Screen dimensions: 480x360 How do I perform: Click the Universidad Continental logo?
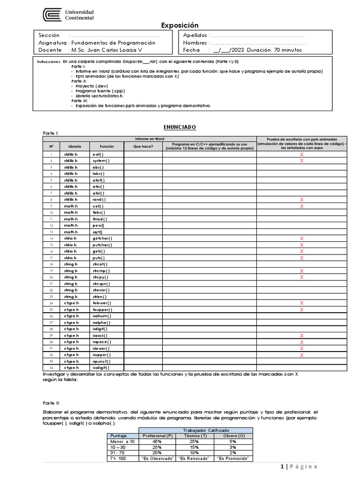pos(68,15)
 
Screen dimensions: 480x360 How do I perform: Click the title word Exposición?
pos(180,25)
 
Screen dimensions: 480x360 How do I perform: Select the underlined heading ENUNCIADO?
pos(180,127)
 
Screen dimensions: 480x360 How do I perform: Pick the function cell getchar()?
pos(102,239)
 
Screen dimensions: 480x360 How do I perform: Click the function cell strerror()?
pos(100,290)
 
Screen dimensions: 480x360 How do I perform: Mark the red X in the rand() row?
pos(301,200)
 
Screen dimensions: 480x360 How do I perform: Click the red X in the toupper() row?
pos(301,310)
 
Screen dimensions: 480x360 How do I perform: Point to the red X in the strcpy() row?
pos(301,277)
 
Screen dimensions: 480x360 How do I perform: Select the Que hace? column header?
pos(143,146)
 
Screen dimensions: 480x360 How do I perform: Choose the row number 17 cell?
pos(52,258)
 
